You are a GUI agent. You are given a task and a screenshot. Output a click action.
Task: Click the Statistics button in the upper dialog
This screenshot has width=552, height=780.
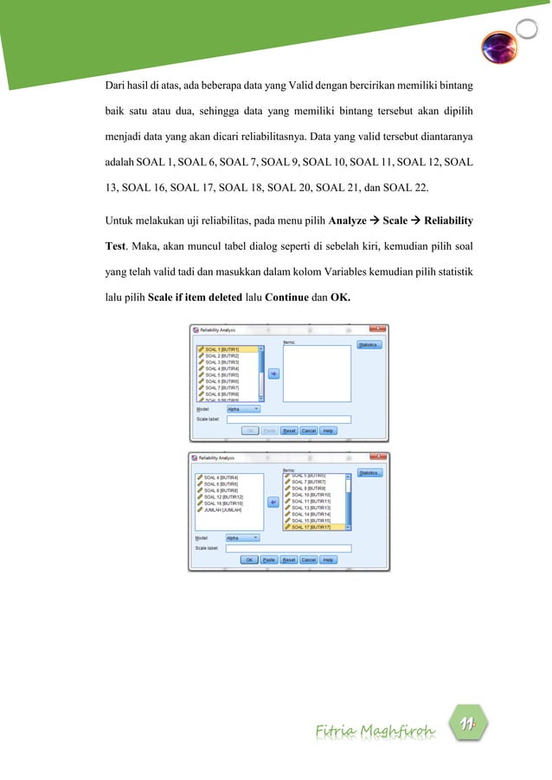[369, 345]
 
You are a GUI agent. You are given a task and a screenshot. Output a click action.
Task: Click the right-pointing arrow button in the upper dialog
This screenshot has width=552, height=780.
[274, 373]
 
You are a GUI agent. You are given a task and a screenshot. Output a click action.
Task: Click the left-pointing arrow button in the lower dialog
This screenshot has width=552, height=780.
[274, 501]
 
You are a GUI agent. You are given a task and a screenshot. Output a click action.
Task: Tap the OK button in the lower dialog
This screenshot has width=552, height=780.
[250, 559]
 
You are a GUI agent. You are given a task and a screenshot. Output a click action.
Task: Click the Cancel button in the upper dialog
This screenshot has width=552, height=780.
[309, 430]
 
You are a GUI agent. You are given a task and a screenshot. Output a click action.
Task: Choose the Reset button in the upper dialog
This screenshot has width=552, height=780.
[289, 430]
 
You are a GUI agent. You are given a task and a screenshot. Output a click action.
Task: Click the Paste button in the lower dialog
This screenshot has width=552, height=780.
[269, 559]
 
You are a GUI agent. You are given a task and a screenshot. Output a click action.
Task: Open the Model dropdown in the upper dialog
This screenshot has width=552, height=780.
[243, 409]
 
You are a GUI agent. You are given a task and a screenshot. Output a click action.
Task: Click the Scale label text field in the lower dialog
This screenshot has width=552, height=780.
[288, 548]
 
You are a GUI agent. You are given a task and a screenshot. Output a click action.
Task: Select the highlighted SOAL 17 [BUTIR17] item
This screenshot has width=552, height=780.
[311, 527]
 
